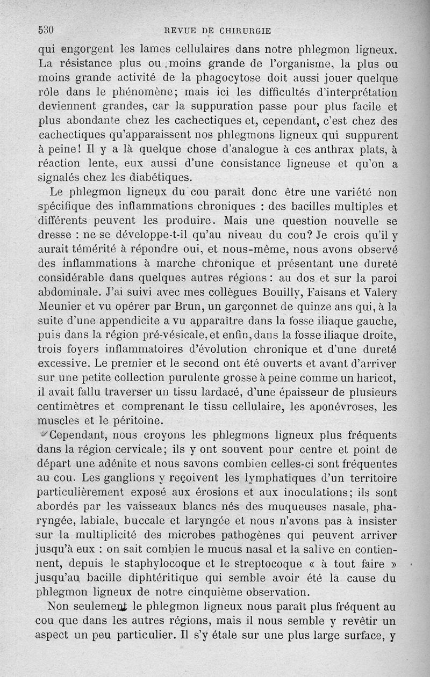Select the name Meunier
coord(60,308)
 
